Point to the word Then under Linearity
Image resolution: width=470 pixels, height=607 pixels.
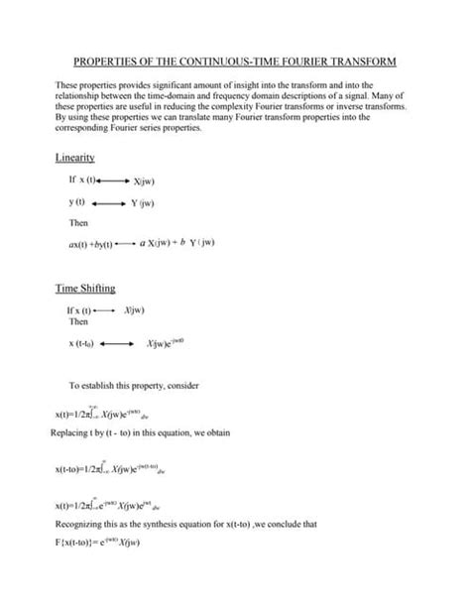pyautogui.click(x=78, y=223)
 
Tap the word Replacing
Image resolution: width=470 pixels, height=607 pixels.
pyautogui.click(x=70, y=432)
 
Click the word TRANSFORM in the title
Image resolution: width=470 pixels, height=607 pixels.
pyautogui.click(x=370, y=61)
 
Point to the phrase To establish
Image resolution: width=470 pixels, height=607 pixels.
pyautogui.click(x=93, y=384)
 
